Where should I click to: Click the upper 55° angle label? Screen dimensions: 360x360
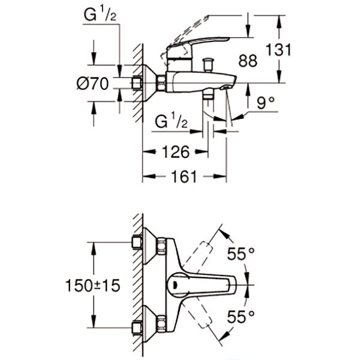(241, 254)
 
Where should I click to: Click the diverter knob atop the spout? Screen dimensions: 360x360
(209, 62)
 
